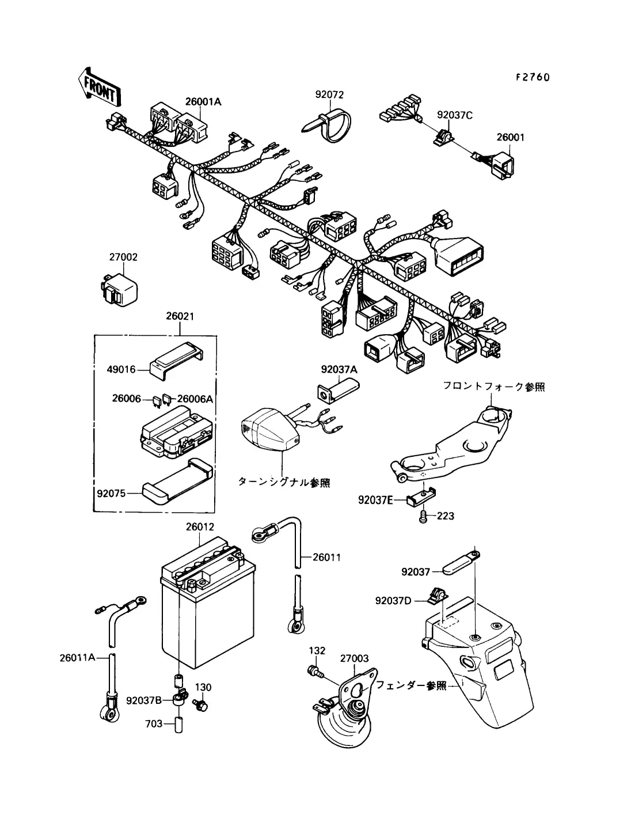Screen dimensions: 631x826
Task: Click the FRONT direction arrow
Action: point(100,88)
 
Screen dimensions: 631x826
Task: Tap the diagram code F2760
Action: point(533,77)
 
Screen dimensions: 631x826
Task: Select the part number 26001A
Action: point(203,101)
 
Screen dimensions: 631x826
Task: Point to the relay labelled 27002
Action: point(119,289)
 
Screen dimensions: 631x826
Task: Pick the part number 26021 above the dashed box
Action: point(180,316)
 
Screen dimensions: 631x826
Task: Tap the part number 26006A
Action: point(195,399)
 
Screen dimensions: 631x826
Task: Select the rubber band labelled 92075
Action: point(177,483)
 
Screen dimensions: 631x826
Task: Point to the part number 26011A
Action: point(78,657)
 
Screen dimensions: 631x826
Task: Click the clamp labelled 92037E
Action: point(421,497)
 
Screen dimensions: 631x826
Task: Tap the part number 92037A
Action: point(339,370)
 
